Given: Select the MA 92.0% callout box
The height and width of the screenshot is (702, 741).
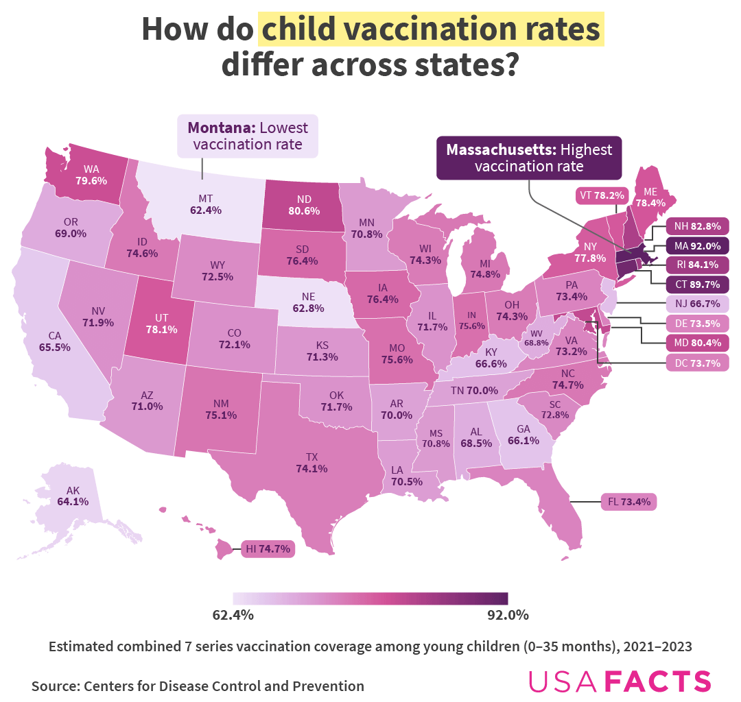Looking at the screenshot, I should pos(696,245).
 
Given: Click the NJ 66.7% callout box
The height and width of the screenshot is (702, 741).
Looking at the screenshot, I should pos(696,304).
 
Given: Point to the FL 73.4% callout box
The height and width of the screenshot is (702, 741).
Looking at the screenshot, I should pos(628,502).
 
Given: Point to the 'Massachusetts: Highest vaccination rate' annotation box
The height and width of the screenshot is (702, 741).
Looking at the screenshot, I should pos(529,158).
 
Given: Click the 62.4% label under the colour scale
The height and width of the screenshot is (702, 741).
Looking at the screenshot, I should pos(233,614).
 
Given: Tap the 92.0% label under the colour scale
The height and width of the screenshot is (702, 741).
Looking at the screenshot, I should pos(508,614).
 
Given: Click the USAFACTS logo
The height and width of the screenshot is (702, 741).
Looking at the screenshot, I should pos(620,681).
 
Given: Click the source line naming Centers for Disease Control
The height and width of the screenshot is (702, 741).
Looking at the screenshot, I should pos(198,686).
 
